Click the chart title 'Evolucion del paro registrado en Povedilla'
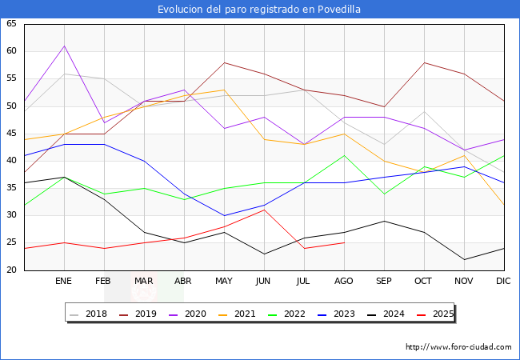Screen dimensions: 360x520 coord(259,9)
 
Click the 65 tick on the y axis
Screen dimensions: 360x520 coord(11,24)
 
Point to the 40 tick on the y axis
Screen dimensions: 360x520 coord(11,160)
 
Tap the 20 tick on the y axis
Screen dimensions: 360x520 coord(11,270)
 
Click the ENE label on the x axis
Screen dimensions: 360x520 coord(64,282)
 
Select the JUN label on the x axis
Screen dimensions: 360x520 coord(264,282)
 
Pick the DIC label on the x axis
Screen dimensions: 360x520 coord(503,282)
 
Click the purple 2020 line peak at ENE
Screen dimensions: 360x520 coord(64,46)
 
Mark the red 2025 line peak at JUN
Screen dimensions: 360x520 coord(264,210)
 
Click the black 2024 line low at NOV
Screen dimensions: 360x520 coord(464,259)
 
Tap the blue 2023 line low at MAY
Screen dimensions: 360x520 coord(224,215)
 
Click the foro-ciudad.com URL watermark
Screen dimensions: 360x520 coord(458,347)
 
